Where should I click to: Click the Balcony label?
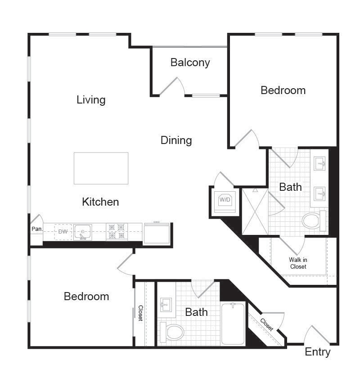tap(190, 63)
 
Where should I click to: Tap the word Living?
tap(91, 99)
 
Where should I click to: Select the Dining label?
tap(176, 140)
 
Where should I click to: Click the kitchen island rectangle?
tap(101, 168)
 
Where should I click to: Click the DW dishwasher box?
tap(63, 232)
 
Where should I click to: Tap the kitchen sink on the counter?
tap(83, 232)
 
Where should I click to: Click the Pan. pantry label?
tap(36, 229)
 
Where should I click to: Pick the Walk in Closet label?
tap(297, 263)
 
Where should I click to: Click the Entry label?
tap(317, 352)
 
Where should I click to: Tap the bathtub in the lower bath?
tap(233, 324)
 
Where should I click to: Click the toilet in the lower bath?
tap(172, 332)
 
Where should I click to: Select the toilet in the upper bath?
tap(314, 220)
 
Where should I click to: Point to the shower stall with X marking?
tap(255, 211)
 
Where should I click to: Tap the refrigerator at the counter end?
tap(157, 234)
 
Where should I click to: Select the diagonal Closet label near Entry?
tap(266, 324)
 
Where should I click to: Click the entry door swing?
tap(317, 335)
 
